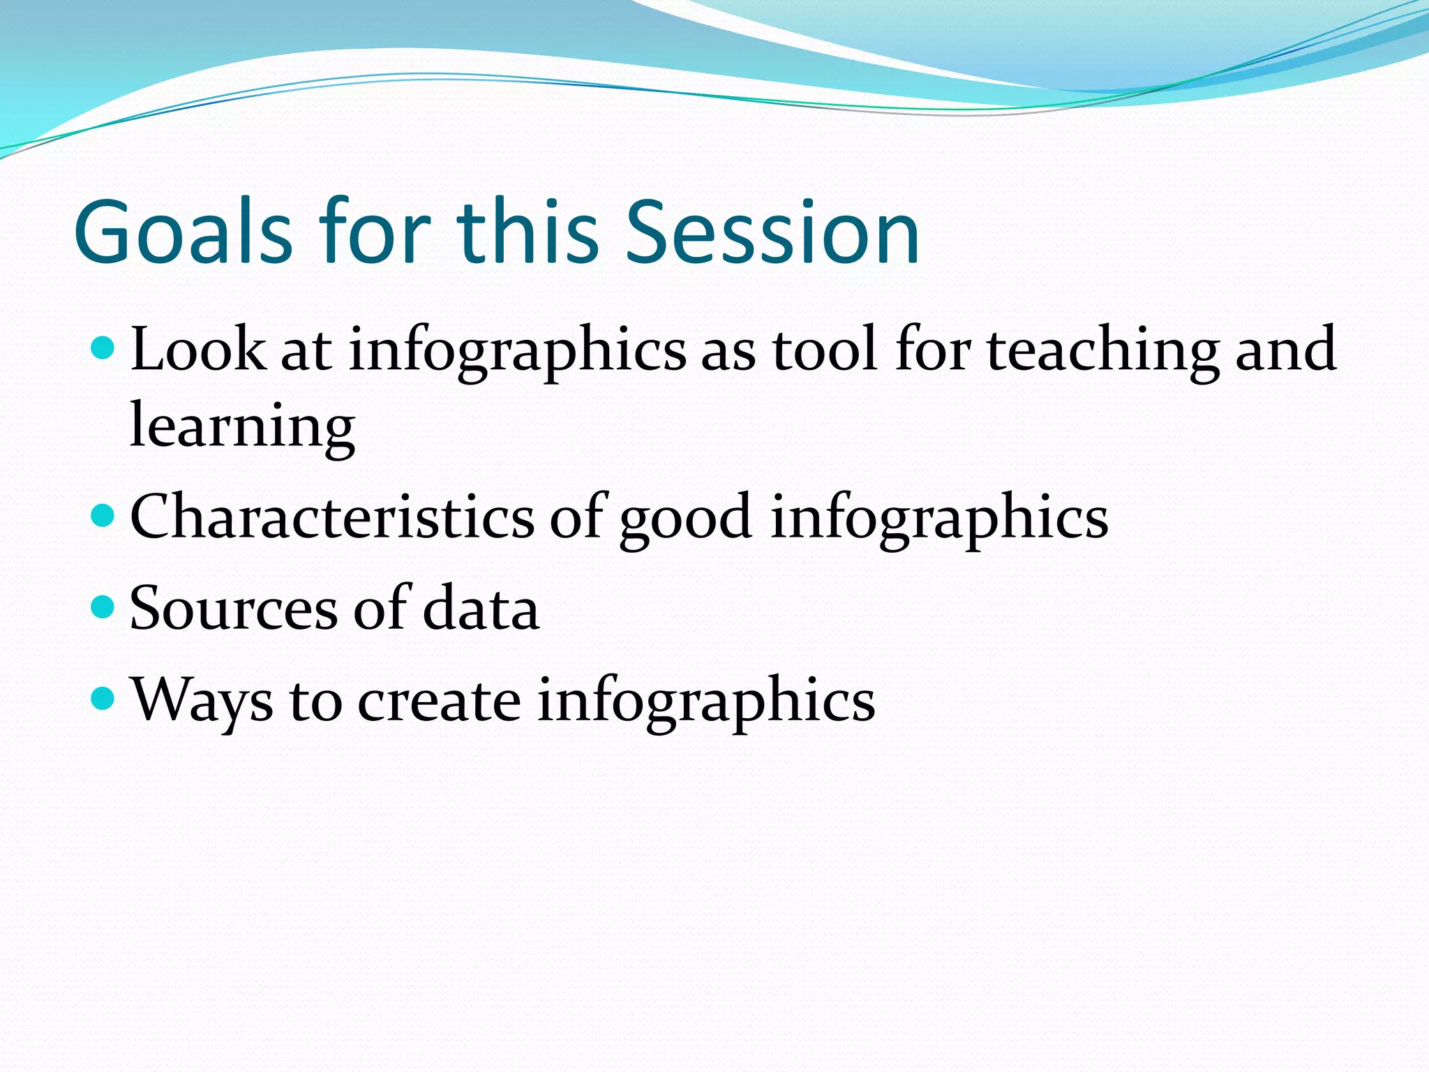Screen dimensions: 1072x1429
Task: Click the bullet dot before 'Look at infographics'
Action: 103,346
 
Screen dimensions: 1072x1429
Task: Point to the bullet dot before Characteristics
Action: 103,516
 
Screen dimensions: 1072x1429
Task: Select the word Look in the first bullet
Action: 197,349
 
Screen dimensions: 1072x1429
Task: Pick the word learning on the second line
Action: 242,427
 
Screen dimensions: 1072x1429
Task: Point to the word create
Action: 439,700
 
